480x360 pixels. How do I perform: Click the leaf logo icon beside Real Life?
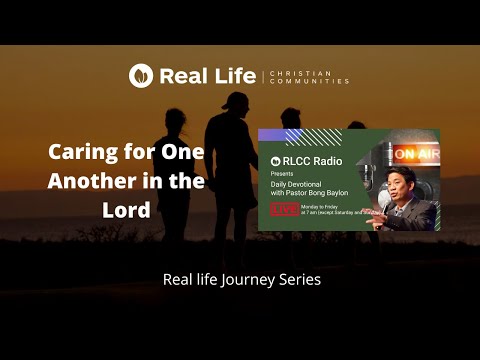click(x=141, y=76)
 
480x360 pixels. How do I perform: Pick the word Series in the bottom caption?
click(x=299, y=280)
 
